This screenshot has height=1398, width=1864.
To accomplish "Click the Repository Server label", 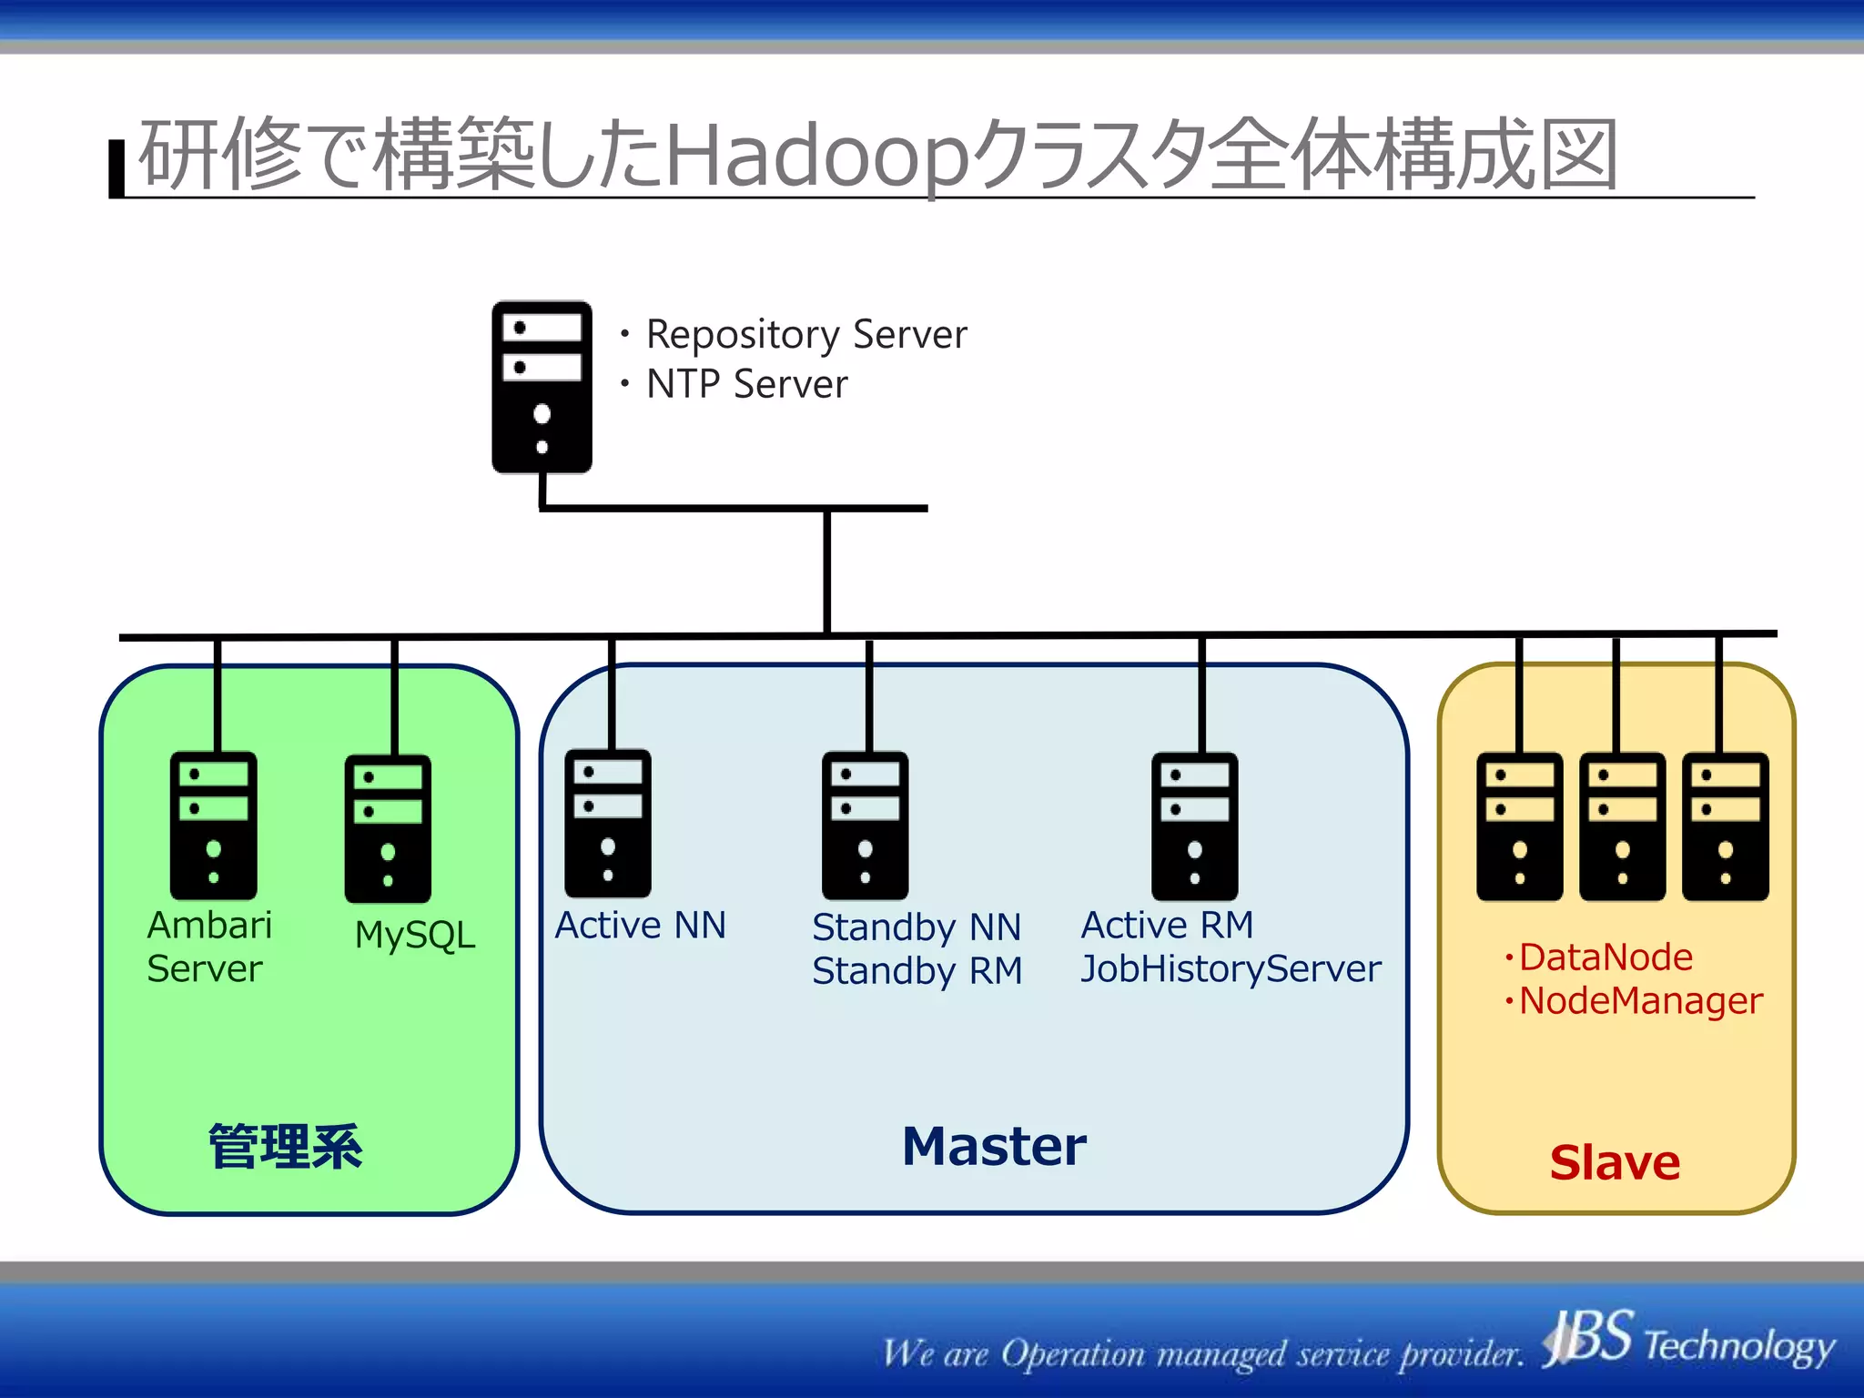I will click(805, 335).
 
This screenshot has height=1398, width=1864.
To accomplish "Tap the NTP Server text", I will click(746, 384).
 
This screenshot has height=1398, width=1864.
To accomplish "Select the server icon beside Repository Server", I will click(542, 387).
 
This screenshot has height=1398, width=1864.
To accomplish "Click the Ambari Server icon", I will click(213, 826).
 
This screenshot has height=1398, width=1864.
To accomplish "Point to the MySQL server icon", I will click(388, 828).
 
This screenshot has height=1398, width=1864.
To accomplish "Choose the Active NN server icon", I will click(607, 824).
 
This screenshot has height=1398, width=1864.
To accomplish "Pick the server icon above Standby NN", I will click(865, 826).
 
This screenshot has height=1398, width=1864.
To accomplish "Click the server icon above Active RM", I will click(1194, 826).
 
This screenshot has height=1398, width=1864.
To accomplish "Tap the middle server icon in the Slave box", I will click(1622, 826).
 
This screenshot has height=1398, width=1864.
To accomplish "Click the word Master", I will click(994, 1146).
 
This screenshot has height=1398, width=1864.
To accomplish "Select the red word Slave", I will click(1615, 1162).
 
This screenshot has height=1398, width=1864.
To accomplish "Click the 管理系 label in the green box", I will click(285, 1147).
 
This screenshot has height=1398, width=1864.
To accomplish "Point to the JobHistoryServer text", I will click(1231, 969).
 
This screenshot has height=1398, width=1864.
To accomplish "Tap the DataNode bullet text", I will click(1605, 957).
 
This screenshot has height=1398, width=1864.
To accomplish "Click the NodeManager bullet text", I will click(1640, 1001).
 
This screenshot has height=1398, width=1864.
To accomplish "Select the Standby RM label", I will click(917, 971).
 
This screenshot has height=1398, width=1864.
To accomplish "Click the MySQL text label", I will click(415, 936).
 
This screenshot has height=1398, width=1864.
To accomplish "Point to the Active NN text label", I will click(641, 926).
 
